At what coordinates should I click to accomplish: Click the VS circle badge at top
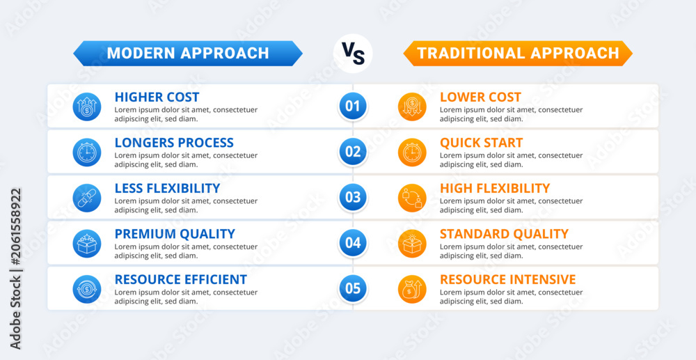click(x=353, y=53)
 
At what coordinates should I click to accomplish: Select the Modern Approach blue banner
click(x=188, y=53)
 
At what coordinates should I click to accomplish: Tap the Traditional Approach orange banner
click(x=518, y=53)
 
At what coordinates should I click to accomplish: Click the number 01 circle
click(x=353, y=106)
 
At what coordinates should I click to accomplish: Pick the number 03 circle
click(x=353, y=197)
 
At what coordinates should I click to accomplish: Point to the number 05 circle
click(x=353, y=288)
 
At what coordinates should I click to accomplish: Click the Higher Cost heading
click(x=157, y=97)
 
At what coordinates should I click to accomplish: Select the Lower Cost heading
click(x=481, y=97)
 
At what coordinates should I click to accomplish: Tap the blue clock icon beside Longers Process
click(x=87, y=152)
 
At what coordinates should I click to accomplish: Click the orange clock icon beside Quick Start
click(x=412, y=152)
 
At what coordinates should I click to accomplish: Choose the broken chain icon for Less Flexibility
click(x=87, y=198)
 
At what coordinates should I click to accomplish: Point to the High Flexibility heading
click(x=495, y=188)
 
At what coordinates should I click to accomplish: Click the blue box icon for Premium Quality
click(x=87, y=243)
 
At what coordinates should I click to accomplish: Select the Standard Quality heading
click(x=504, y=234)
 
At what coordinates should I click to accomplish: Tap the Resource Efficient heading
click(x=181, y=280)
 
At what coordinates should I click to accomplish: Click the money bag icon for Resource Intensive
click(x=412, y=289)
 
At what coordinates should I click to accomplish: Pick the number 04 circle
click(x=353, y=243)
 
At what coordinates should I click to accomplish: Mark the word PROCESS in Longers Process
click(x=205, y=143)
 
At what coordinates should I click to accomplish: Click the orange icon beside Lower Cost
click(x=412, y=107)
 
